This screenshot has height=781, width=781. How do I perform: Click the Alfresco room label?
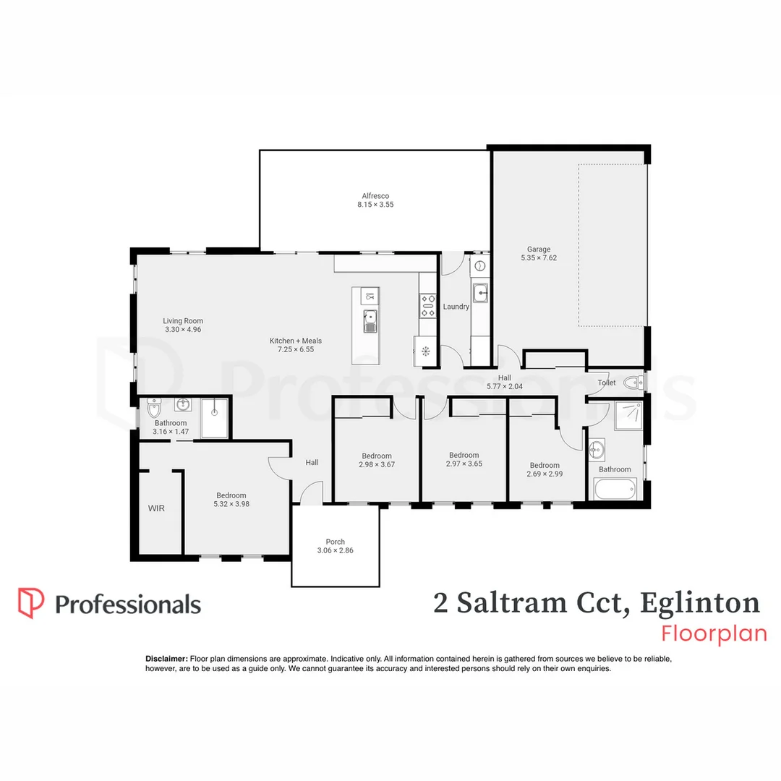375,196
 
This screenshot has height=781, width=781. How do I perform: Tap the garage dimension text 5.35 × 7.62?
538,257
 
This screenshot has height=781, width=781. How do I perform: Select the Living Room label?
183,321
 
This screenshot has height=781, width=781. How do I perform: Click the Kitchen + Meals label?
296,341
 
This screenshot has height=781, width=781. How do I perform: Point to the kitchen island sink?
370,319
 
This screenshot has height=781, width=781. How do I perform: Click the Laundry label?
456,307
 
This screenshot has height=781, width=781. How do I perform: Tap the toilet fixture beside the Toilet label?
631,382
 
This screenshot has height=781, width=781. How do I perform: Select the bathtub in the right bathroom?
614,490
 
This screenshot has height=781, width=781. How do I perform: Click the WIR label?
156,508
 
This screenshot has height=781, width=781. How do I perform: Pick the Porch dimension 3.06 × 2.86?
335,550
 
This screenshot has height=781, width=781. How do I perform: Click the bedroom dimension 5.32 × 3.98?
231,504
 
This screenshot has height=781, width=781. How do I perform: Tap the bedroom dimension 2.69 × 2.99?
545,474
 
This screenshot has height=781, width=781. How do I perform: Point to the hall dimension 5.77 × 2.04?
504,386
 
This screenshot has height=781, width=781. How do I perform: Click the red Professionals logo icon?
31,603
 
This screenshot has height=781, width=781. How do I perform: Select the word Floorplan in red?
714,633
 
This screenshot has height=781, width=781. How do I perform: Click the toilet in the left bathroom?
153,409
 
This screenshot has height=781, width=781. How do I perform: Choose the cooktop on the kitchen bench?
427,304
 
